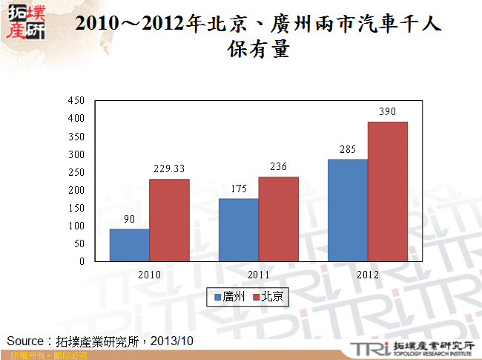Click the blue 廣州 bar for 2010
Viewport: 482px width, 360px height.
[x=129, y=245]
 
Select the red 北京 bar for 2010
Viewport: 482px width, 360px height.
[x=169, y=220]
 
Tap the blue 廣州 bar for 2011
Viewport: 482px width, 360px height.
[x=239, y=230]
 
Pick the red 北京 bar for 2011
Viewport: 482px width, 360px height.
[x=278, y=219]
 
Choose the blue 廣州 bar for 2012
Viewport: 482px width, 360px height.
[x=348, y=210]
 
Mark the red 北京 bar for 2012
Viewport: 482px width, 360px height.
[x=388, y=192]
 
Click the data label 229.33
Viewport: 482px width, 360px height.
[x=169, y=169]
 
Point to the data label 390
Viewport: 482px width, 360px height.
[x=388, y=112]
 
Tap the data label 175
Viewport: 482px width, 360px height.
[x=239, y=189]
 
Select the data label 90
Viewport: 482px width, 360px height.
[x=129, y=220]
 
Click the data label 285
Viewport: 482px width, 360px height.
[x=348, y=150]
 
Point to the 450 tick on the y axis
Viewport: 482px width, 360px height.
[x=76, y=100]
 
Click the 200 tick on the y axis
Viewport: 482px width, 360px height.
[x=76, y=190]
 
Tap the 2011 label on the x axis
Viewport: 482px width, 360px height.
[x=258, y=275]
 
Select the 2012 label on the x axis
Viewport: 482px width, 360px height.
[x=368, y=275]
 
